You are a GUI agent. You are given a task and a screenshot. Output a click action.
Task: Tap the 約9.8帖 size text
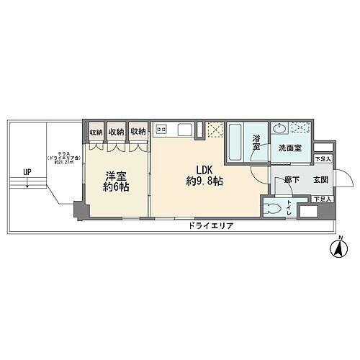point(204,182)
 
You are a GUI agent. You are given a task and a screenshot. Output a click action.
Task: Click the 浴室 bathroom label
point(256,142)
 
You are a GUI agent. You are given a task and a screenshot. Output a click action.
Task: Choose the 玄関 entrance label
point(320,181)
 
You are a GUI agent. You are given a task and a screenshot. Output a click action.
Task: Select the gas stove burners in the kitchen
point(162,130)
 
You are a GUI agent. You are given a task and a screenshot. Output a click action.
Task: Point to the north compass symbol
point(336,250)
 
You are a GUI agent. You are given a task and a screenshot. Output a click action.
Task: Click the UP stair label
point(27,171)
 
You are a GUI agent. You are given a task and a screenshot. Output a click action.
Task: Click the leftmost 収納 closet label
point(96,132)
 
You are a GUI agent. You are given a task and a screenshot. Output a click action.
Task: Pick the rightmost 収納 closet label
point(139,132)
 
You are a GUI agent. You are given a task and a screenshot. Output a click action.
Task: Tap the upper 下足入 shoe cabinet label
point(323,158)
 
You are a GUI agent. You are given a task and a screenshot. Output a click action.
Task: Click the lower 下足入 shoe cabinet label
point(323,199)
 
